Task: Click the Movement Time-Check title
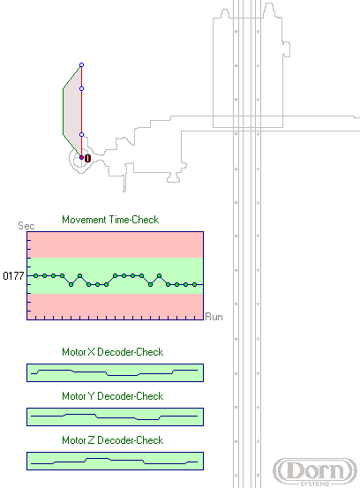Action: (x=110, y=220)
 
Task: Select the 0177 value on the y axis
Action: (x=13, y=275)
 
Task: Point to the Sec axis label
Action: (x=26, y=226)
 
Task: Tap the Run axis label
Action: (x=214, y=317)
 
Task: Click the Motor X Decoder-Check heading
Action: (x=113, y=352)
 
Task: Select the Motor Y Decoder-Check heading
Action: (x=113, y=396)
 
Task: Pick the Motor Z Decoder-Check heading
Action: (x=113, y=440)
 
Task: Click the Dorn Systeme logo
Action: (x=315, y=471)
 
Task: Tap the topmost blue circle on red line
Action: (x=81, y=65)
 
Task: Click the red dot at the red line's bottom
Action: (x=81, y=158)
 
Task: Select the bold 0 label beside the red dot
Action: (x=87, y=159)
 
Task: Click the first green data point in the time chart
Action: (x=36, y=275)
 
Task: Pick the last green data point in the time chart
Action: (x=194, y=284)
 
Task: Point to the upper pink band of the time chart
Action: (x=115, y=245)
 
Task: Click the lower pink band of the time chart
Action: (x=115, y=306)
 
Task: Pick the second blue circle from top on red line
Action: (x=81, y=89)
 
